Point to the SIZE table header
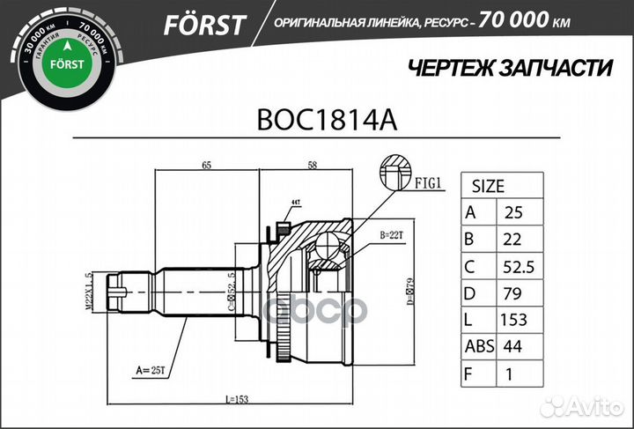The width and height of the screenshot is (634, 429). tap(489, 186)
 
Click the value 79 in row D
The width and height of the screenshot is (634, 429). tap(514, 293)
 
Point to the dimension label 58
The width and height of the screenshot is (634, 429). tap(312, 165)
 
